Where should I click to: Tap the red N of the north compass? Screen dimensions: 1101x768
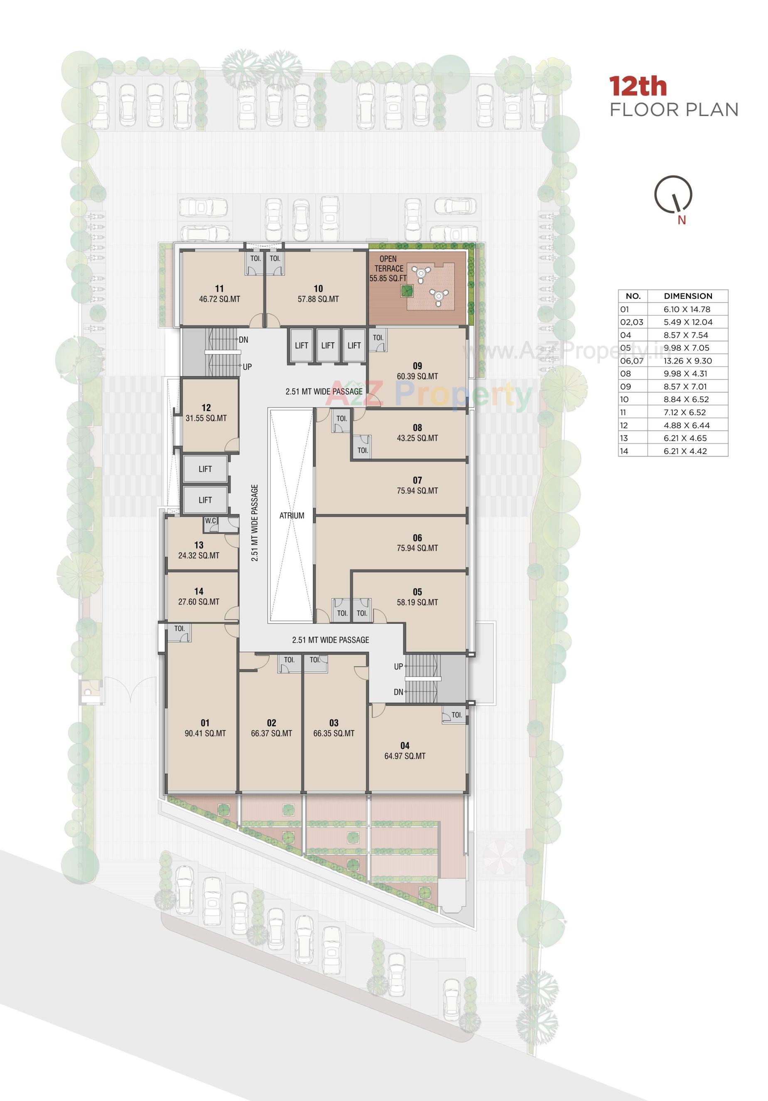[x=681, y=220]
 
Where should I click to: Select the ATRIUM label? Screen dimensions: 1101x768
[x=292, y=516]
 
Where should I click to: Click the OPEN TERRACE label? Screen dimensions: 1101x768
[x=388, y=264]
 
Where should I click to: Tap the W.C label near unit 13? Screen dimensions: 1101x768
[x=211, y=521]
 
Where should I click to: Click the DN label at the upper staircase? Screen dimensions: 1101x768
[x=243, y=340]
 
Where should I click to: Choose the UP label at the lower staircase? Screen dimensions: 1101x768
[x=398, y=666]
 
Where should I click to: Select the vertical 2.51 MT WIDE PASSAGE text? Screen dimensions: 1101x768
[x=255, y=523]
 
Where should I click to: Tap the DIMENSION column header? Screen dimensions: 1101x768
[x=688, y=296]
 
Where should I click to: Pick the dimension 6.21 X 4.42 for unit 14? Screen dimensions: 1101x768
[x=685, y=451]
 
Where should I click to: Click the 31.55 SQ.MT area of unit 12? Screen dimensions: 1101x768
[x=206, y=418]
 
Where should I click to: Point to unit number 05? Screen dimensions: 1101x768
[x=417, y=592]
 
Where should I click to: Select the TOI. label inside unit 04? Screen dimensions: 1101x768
[x=456, y=715]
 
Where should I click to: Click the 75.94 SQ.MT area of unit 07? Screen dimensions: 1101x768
[x=417, y=491]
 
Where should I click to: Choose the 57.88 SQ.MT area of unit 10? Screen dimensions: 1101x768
[x=318, y=299]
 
